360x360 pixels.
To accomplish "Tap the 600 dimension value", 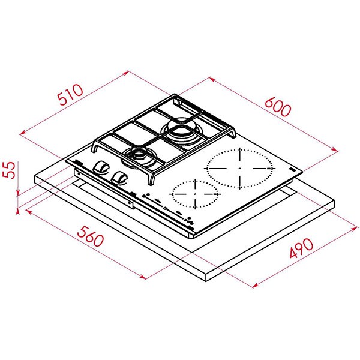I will [277, 106].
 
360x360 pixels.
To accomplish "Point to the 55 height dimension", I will [8, 170].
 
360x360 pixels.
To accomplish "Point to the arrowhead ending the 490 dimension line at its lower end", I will [254, 284].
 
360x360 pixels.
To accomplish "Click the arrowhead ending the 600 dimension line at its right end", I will [336, 148].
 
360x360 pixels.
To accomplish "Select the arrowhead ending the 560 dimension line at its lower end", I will [143, 277].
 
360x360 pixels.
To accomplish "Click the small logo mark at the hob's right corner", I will [290, 172].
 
